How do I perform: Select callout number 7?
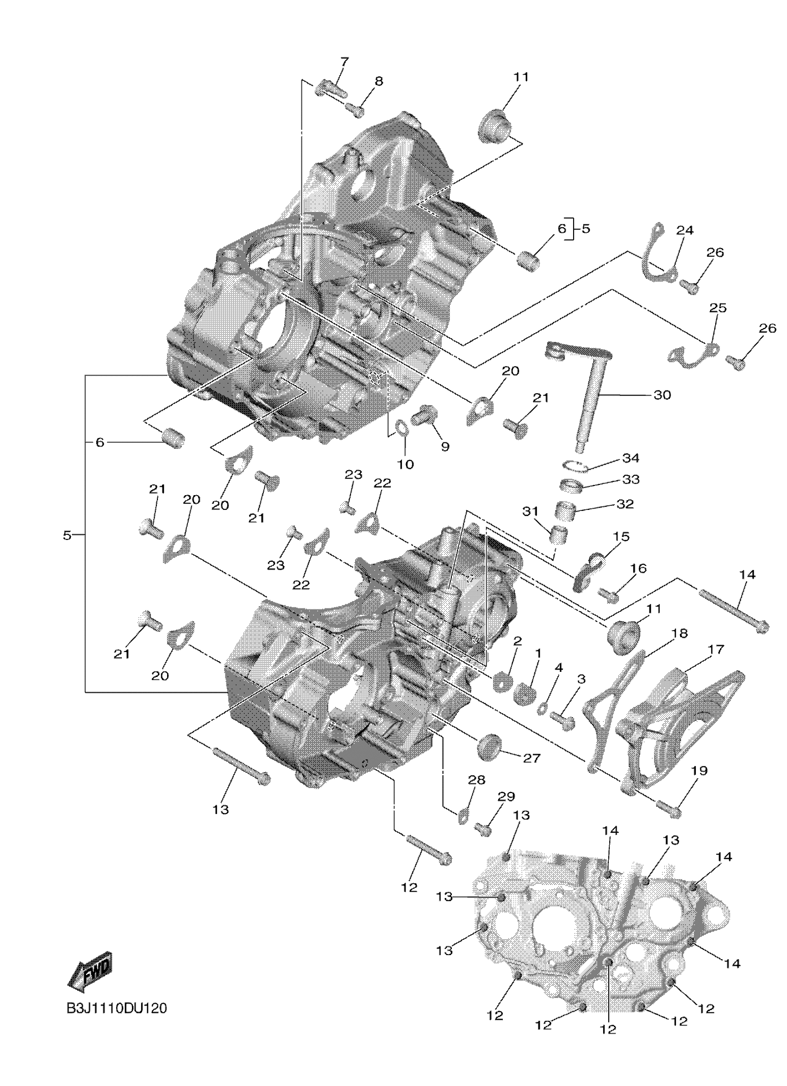point(344,62)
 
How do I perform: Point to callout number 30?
point(662,395)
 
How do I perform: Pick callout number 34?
point(631,458)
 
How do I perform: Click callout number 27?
point(532,758)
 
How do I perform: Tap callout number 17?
point(716,650)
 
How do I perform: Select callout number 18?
point(679,633)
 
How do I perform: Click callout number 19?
point(700,770)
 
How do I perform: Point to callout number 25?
point(718,307)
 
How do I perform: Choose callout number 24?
point(685,230)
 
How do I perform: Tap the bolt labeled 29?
point(483,829)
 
